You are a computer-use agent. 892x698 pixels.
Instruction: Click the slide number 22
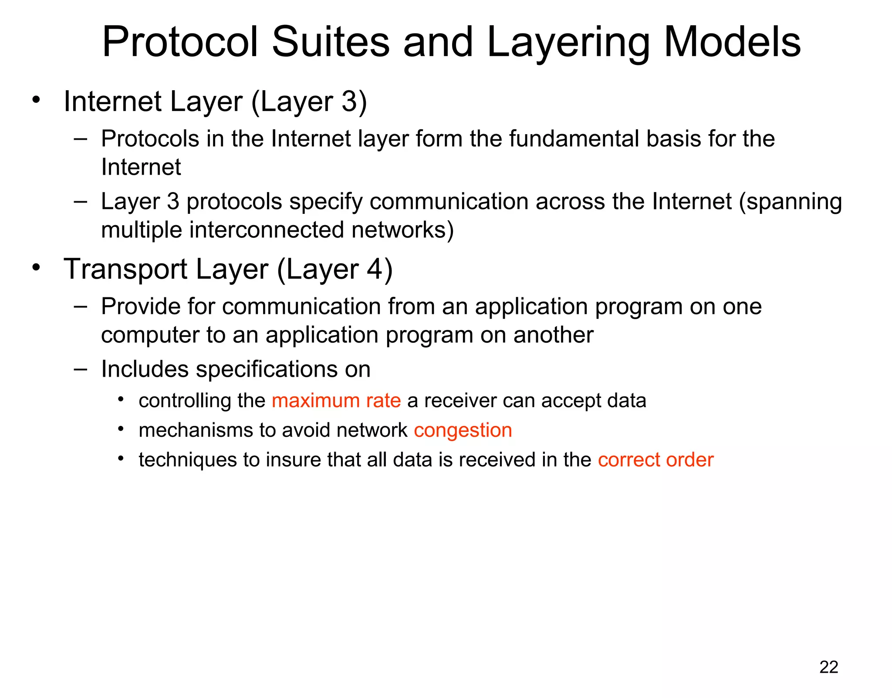click(x=828, y=667)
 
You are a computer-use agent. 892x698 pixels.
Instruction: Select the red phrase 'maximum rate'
click(x=336, y=401)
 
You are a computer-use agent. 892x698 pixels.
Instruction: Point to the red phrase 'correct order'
click(x=655, y=460)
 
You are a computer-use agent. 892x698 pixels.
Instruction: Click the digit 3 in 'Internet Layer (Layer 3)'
click(x=349, y=101)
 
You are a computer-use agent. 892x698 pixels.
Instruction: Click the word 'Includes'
click(x=145, y=369)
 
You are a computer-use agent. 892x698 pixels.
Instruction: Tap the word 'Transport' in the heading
click(x=125, y=270)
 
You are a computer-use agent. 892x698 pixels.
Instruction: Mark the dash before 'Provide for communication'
click(x=80, y=306)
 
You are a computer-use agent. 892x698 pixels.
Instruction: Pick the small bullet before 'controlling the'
click(x=121, y=399)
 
